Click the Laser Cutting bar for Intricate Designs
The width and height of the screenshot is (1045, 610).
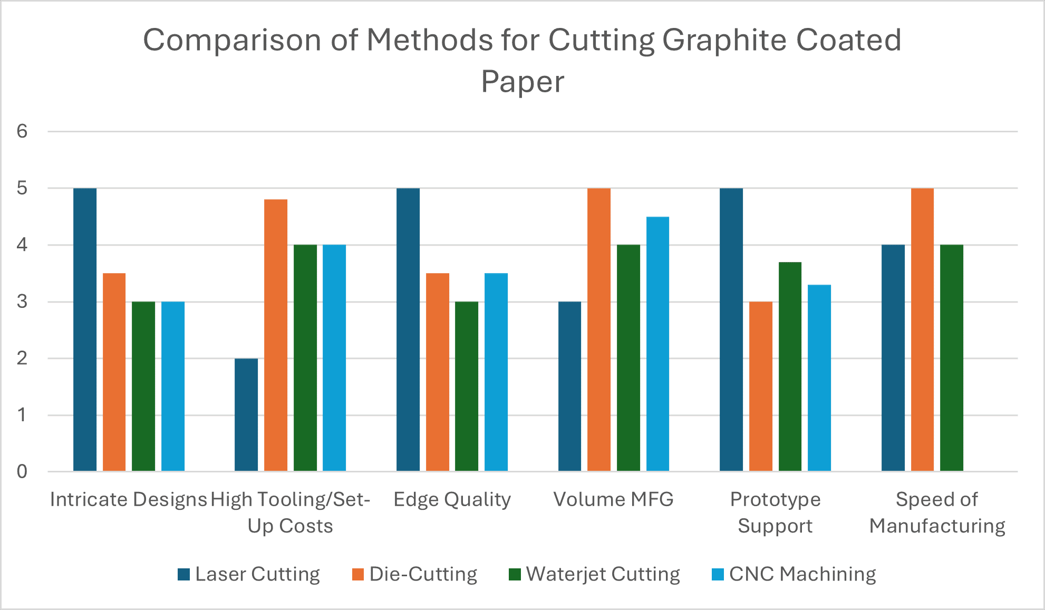tap(85, 330)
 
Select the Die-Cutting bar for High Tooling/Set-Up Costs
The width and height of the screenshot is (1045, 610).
tap(276, 335)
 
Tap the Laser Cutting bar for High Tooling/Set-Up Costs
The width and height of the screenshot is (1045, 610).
tap(246, 415)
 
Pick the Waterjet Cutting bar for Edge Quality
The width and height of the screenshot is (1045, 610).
tap(467, 386)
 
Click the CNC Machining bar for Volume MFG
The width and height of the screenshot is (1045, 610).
tap(657, 344)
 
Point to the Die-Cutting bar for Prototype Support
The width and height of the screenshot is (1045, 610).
tap(760, 386)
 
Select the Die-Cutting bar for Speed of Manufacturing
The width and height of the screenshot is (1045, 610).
tap(922, 330)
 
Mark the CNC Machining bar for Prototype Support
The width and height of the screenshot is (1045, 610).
tap(819, 378)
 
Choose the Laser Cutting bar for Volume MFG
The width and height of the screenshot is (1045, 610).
tap(569, 386)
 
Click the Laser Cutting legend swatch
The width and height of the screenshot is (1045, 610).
tap(183, 574)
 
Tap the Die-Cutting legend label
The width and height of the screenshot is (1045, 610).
tap(423, 574)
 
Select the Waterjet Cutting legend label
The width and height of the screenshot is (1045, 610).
tap(603, 574)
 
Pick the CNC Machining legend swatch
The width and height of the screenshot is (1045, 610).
tap(718, 574)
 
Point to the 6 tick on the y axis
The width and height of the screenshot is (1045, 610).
tap(22, 131)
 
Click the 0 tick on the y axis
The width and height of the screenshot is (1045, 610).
tap(22, 471)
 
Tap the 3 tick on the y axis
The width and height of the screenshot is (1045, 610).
tap(22, 302)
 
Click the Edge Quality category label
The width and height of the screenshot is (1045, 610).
tap(452, 499)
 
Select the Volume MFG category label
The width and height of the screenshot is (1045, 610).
tap(613, 499)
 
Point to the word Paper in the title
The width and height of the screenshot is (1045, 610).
tap(522, 82)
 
